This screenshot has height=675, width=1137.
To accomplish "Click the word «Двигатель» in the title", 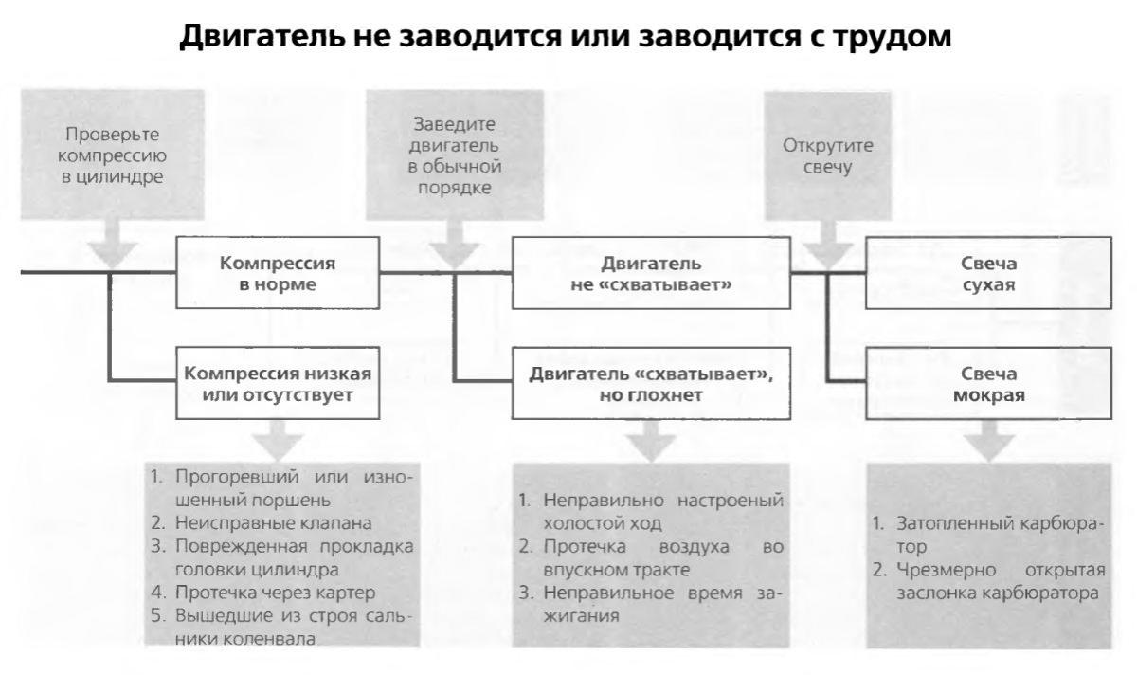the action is coord(262,37).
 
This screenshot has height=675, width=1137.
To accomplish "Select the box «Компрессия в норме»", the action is coord(278,273).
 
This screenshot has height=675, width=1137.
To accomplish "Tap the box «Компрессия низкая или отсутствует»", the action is coord(278,383).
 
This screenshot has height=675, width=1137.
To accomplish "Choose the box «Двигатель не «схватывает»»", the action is coord(651,273).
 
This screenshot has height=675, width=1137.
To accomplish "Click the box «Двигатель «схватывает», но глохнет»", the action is coord(651,383).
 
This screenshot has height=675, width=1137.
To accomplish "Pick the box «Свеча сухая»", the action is coord(989,273).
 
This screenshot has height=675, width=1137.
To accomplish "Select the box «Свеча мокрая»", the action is coord(989,383).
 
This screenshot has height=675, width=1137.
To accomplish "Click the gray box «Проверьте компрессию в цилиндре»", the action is coord(112,155).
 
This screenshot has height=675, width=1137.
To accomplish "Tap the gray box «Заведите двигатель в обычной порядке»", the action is coord(455,155).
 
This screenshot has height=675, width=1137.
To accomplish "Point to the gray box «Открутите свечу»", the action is coord(828,155).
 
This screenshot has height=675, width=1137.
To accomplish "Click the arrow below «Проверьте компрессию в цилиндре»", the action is coord(112,244).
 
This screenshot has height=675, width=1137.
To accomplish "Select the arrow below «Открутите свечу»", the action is coord(828,245).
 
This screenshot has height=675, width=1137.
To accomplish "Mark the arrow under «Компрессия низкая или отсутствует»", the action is coord(278,441).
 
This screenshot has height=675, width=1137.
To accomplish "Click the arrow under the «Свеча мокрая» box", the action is coord(989,441).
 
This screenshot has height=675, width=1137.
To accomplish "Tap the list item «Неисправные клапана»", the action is coord(274,522).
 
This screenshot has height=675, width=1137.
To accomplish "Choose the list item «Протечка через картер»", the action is coord(275,593).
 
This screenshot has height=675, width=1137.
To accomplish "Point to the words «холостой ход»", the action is coord(603,523).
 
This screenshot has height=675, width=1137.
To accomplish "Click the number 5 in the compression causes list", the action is coord(158,615).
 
